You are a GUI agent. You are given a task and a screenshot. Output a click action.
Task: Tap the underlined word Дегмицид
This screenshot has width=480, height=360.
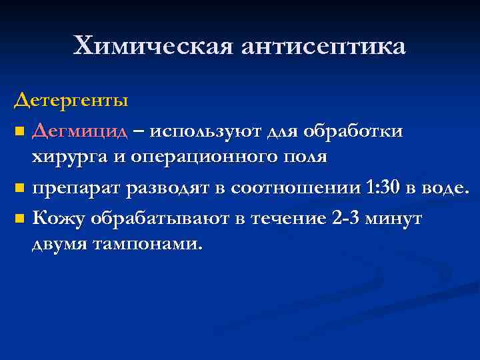pos(79,131)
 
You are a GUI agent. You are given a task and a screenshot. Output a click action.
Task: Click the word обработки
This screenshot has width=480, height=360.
pos(353,131)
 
